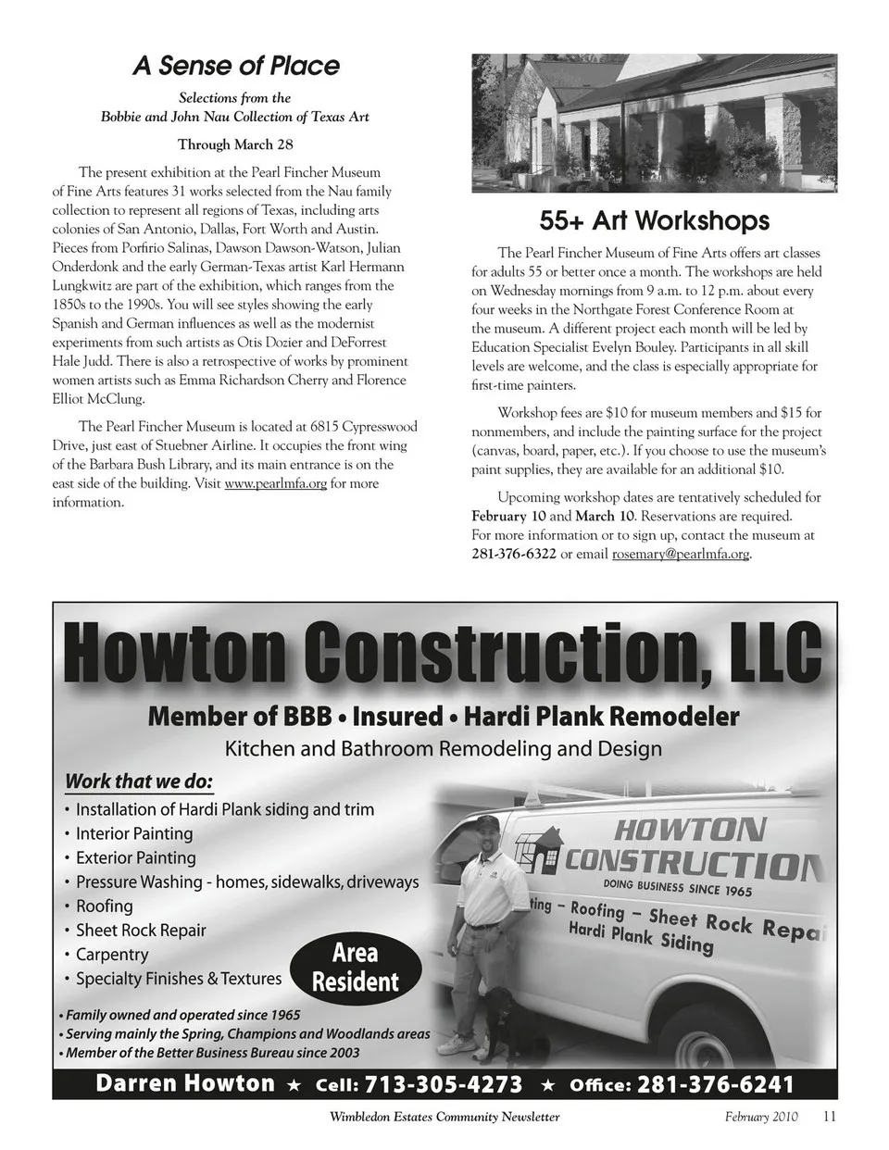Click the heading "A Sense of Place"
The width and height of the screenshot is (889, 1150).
[x=235, y=66]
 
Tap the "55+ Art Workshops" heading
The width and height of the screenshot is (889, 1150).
[x=654, y=220]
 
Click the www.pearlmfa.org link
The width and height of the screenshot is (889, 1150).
[x=275, y=483]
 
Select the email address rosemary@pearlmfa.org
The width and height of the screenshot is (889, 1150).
[x=681, y=555]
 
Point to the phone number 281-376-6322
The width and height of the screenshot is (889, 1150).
[x=514, y=555]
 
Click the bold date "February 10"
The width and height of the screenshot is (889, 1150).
[x=508, y=516]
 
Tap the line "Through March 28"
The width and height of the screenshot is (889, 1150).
[x=235, y=144]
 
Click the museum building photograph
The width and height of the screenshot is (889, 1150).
[x=654, y=125]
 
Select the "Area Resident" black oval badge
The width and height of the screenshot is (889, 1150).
[x=356, y=967]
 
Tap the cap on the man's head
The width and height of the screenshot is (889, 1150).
[x=487, y=822]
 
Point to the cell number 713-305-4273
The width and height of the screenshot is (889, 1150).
[x=444, y=1084]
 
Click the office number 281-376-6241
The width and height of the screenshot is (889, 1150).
[x=716, y=1084]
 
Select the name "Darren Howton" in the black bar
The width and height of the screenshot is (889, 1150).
[x=185, y=1083]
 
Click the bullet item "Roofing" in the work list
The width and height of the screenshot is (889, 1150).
[x=104, y=906]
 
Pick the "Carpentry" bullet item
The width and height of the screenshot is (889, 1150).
[x=111, y=955]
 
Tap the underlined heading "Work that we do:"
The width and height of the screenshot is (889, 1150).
[x=138, y=781]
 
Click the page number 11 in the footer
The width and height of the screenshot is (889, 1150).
[x=829, y=1117]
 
